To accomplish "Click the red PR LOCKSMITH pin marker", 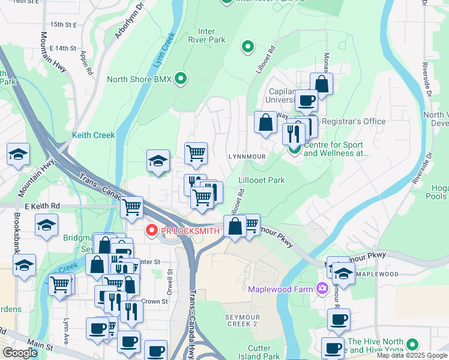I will [151, 230].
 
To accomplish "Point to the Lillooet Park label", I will [261, 180].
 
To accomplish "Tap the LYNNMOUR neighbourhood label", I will [247, 156].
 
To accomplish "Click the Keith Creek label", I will [93, 136].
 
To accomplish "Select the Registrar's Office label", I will [354, 121].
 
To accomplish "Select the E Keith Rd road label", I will [44, 205].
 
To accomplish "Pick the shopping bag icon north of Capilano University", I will [322, 83].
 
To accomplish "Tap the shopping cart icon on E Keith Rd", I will [131, 207].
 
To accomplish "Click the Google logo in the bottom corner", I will [20, 353].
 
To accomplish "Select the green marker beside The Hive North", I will [411, 344].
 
